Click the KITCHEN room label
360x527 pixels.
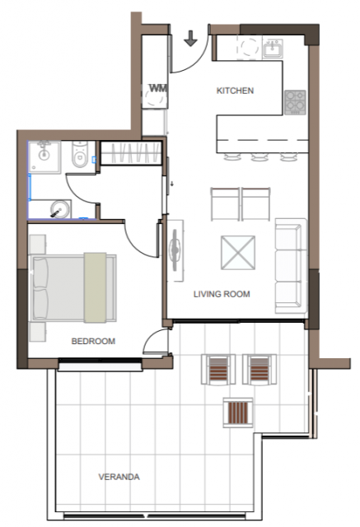[235, 91]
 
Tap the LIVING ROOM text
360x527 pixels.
[222, 294]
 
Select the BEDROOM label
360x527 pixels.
[93, 341]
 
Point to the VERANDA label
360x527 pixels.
[119, 477]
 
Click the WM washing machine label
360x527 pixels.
[158, 88]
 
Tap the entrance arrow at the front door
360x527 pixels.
[190, 38]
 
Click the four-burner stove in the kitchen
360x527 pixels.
[295, 102]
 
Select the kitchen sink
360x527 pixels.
[273, 49]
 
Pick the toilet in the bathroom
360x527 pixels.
[80, 154]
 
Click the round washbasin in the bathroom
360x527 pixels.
[60, 209]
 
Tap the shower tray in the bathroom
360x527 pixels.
[44, 157]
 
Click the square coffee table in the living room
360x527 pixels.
[237, 253]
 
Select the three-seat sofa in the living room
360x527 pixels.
[291, 266]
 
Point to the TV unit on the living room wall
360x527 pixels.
[175, 250]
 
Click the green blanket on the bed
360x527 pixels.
[95, 287]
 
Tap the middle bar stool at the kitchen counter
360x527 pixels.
[259, 156]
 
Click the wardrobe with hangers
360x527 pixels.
[132, 153]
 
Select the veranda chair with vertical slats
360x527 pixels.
[238, 413]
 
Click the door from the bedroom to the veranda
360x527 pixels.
[156, 342]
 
